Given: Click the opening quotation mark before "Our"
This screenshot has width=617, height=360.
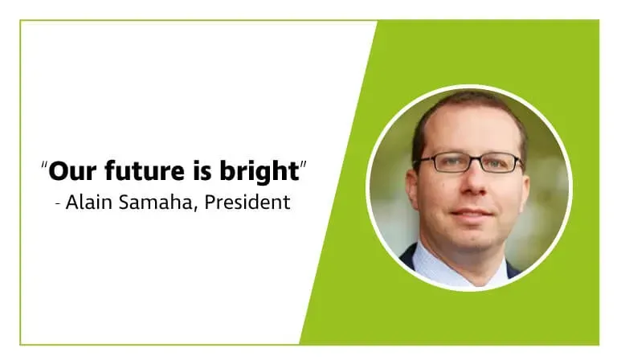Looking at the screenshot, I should pyautogui.click(x=43, y=166).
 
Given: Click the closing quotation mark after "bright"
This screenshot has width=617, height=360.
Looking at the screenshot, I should pyautogui.click(x=303, y=166).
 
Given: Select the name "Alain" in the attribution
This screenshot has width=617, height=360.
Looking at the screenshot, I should pyautogui.click(x=86, y=202).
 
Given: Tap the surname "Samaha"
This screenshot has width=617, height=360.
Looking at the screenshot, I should pyautogui.click(x=153, y=202).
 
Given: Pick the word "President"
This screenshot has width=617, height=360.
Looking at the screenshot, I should pyautogui.click(x=247, y=202).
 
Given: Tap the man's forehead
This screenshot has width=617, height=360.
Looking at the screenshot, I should pyautogui.click(x=471, y=129).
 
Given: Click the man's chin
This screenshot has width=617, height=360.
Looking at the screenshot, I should pyautogui.click(x=475, y=241).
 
